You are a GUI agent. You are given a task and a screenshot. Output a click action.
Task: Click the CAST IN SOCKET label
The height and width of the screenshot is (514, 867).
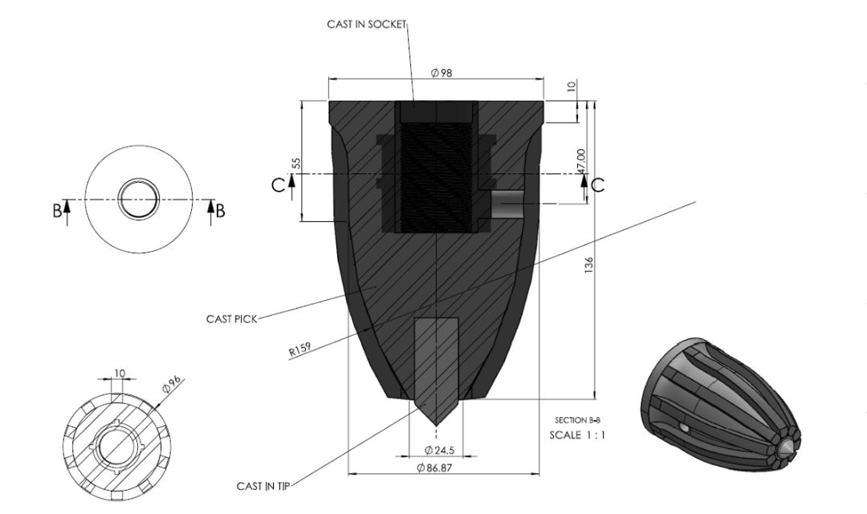pos(367,25)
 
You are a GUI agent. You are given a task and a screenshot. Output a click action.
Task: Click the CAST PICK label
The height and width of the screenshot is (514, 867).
pos(231,319)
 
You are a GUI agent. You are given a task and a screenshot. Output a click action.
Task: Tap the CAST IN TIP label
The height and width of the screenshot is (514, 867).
pos(263,486)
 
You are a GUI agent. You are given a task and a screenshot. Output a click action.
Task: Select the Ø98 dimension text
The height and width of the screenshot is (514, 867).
pos(441,73)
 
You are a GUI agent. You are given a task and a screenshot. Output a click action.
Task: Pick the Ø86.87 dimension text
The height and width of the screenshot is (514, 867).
pos(434,468)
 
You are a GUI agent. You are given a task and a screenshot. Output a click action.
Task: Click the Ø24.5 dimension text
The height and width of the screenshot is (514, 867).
pos(439,448)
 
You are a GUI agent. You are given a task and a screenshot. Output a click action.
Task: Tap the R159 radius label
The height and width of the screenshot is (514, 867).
pos(299,349)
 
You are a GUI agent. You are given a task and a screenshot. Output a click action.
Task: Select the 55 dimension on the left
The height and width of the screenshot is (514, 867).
pos(296,163)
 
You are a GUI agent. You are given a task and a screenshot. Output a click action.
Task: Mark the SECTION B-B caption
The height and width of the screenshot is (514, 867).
pos(577,420)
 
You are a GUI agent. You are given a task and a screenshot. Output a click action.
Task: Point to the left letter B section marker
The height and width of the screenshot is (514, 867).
pos(56,210)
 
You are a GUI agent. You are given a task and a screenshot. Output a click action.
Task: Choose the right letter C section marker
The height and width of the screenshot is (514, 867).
pos(597,184)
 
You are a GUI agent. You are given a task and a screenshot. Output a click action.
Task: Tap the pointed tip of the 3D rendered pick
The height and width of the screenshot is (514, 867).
pos(790,443)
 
